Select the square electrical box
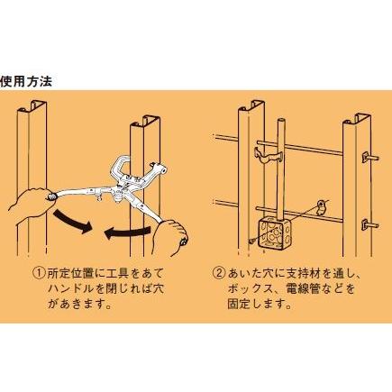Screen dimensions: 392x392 point(272,232)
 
